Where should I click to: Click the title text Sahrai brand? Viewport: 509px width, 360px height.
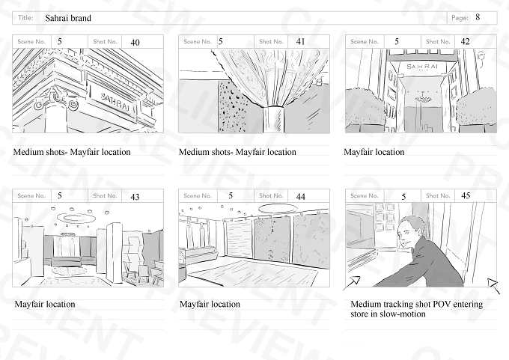click(68, 18)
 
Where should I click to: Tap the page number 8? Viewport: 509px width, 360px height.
click(478, 17)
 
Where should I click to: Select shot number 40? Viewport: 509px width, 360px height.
click(135, 43)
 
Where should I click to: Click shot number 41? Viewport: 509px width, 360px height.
click(301, 42)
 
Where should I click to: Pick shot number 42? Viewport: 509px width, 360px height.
click(465, 42)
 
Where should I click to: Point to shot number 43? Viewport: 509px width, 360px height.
click(135, 197)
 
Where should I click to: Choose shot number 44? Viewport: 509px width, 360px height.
click(301, 196)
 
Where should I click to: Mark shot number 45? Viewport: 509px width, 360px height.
click(466, 196)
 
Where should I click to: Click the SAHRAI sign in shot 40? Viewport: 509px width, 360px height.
click(115, 101)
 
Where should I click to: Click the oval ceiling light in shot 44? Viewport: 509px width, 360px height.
click(278, 208)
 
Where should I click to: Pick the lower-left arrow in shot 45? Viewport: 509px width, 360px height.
click(353, 282)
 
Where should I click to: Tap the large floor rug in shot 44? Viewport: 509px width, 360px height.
click(253, 272)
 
